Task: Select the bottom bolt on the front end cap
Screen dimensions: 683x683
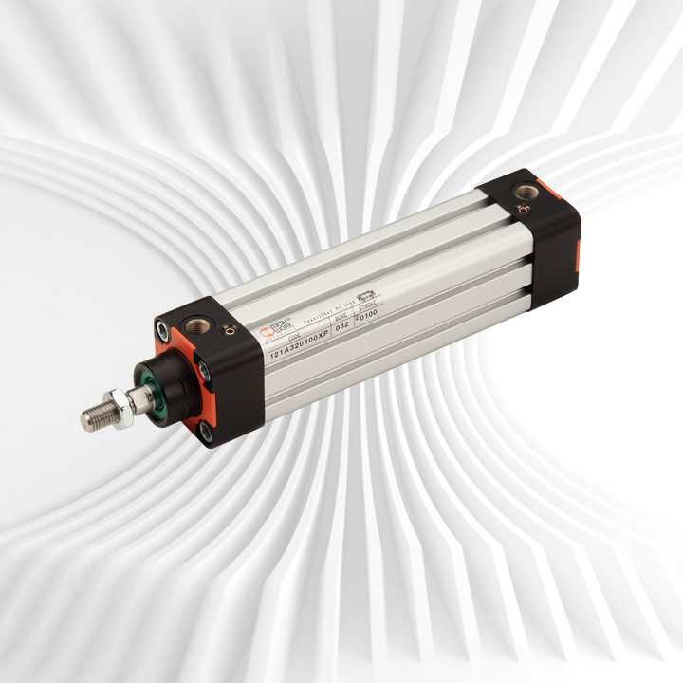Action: click(x=206, y=432)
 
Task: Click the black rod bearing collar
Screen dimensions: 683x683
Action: click(x=157, y=380)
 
